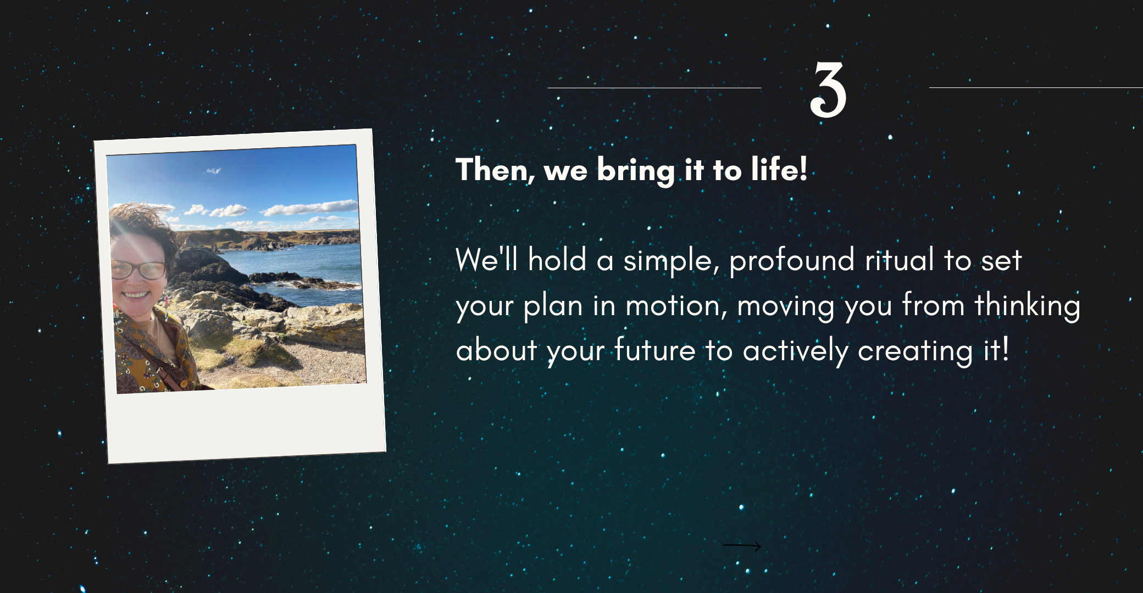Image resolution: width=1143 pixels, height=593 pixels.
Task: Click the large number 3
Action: point(828,89)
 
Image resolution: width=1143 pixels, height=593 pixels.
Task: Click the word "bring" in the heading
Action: point(635,171)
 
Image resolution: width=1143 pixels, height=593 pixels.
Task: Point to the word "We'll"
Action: point(486,259)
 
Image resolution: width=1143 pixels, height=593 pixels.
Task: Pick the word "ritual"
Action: point(900,259)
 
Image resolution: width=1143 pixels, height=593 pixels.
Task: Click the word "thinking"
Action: point(1027,306)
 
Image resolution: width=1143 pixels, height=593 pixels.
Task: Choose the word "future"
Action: point(654,350)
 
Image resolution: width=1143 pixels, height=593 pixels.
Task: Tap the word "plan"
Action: point(552,307)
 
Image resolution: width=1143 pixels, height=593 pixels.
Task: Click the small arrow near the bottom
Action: point(741,546)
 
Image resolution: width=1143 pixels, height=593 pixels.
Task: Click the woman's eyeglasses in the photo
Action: point(138,270)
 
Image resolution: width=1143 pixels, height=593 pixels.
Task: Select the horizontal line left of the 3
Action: point(654,88)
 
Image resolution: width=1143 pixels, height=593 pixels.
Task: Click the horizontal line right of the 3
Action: point(1036,87)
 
